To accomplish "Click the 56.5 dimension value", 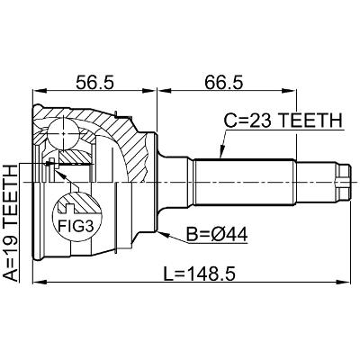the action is coord(94,83).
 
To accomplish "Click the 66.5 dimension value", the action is coord(223,83).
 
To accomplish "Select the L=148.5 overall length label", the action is coord(199,274).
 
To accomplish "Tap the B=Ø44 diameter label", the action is coord(217,235).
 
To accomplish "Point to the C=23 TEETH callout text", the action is coord(283,121).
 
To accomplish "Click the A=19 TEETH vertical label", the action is coord(11,223).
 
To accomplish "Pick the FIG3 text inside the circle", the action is coord(76,226).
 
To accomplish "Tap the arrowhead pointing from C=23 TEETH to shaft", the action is coord(222,151).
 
